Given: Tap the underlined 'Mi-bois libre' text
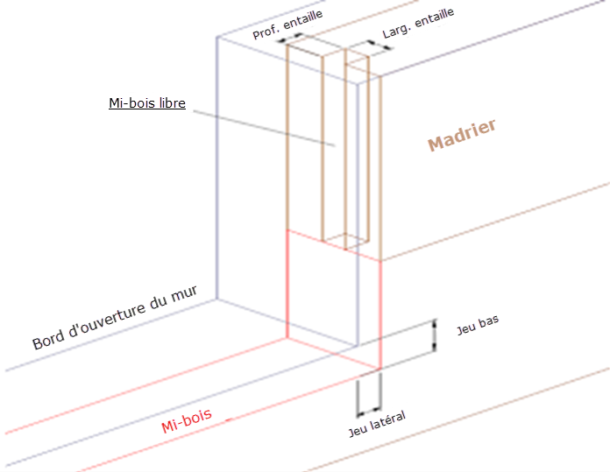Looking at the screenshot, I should (x=146, y=104).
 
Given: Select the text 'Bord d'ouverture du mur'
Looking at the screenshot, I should (x=114, y=317).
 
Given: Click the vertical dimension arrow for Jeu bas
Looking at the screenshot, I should (x=433, y=337).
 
